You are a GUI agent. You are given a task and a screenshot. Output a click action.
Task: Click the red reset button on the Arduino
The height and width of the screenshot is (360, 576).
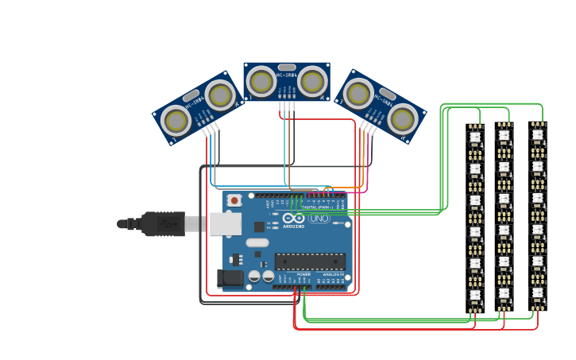[234, 200]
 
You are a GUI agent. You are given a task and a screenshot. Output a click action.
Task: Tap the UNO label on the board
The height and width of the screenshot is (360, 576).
[319, 219]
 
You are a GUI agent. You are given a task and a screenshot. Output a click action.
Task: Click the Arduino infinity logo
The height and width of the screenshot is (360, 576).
[293, 218]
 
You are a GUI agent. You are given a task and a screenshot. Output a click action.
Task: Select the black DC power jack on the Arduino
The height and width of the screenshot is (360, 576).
[230, 278]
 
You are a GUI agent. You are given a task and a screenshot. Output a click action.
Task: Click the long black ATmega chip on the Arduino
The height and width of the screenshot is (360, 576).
[310, 261]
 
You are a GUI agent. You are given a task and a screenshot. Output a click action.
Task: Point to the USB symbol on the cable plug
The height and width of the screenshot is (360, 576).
[167, 224]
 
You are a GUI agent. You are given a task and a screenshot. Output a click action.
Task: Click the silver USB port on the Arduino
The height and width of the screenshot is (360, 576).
[225, 224]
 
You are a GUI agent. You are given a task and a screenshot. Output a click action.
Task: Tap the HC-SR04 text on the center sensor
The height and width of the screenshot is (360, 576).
[286, 75]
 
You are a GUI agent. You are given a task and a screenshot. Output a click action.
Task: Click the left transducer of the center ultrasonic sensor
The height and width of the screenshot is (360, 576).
[261, 80]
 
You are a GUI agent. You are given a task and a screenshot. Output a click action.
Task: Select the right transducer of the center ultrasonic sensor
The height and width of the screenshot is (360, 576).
[312, 80]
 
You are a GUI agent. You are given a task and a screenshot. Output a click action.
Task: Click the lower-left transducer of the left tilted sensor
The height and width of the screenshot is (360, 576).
[176, 121]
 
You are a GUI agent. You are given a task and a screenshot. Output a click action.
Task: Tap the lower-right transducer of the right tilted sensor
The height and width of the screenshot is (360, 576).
[402, 119]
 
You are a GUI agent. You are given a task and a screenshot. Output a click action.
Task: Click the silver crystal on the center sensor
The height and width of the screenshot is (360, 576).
[287, 68]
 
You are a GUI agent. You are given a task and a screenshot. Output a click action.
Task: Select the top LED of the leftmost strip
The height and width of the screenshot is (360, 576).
[475, 137]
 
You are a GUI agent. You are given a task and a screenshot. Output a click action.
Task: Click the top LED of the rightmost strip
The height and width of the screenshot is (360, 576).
[538, 135]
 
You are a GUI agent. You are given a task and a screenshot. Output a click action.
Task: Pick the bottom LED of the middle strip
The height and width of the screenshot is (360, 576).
[504, 292]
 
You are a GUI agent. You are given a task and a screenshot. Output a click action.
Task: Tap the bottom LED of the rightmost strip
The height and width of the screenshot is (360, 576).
[538, 292]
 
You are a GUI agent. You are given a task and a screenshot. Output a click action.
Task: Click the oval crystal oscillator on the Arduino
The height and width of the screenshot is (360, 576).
[257, 242]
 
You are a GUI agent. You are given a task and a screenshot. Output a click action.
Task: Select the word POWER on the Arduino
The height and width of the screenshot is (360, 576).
[304, 275]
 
